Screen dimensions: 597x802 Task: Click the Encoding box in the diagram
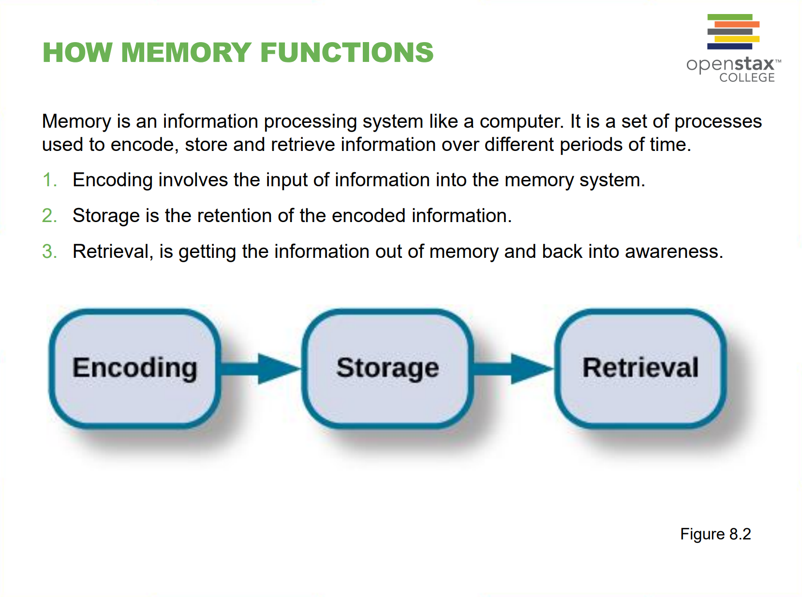pyautogui.click(x=135, y=368)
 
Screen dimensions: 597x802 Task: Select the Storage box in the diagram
pyautogui.click(x=387, y=368)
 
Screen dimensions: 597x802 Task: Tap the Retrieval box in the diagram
pyautogui.click(x=640, y=368)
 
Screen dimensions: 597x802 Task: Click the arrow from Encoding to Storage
pyautogui.click(x=262, y=369)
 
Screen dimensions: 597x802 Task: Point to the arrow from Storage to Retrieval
pyautogui.click(x=514, y=369)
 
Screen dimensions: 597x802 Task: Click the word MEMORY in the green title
pyautogui.click(x=186, y=52)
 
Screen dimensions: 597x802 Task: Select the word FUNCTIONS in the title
pyautogui.click(x=347, y=52)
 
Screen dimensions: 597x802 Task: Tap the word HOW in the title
pyautogui.click(x=77, y=52)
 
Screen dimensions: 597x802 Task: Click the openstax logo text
pyautogui.click(x=730, y=64)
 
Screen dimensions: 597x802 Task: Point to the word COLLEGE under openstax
pyautogui.click(x=747, y=78)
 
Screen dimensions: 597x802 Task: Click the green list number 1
pyautogui.click(x=49, y=180)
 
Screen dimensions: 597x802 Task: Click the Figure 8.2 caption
pyautogui.click(x=715, y=534)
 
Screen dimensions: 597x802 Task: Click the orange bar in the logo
pyautogui.click(x=737, y=24)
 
